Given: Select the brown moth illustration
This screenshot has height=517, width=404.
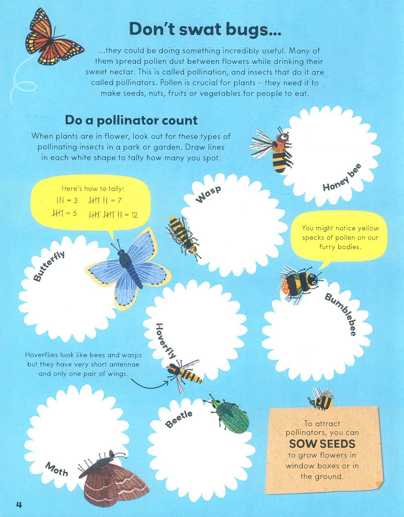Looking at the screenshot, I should pos(113,479).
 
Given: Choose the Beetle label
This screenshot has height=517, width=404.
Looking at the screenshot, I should pos(179,419).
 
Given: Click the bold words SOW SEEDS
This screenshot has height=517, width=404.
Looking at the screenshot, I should pos(322,444).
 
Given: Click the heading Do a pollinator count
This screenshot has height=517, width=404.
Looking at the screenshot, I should pos(131,120).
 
